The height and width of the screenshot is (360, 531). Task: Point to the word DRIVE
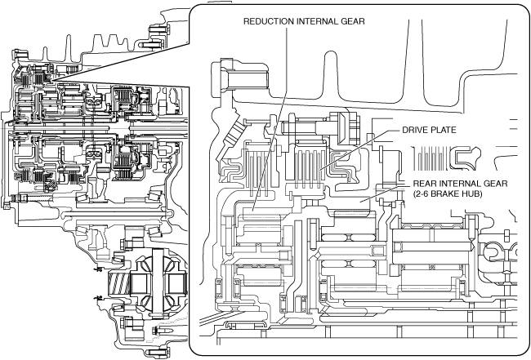click(417, 130)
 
